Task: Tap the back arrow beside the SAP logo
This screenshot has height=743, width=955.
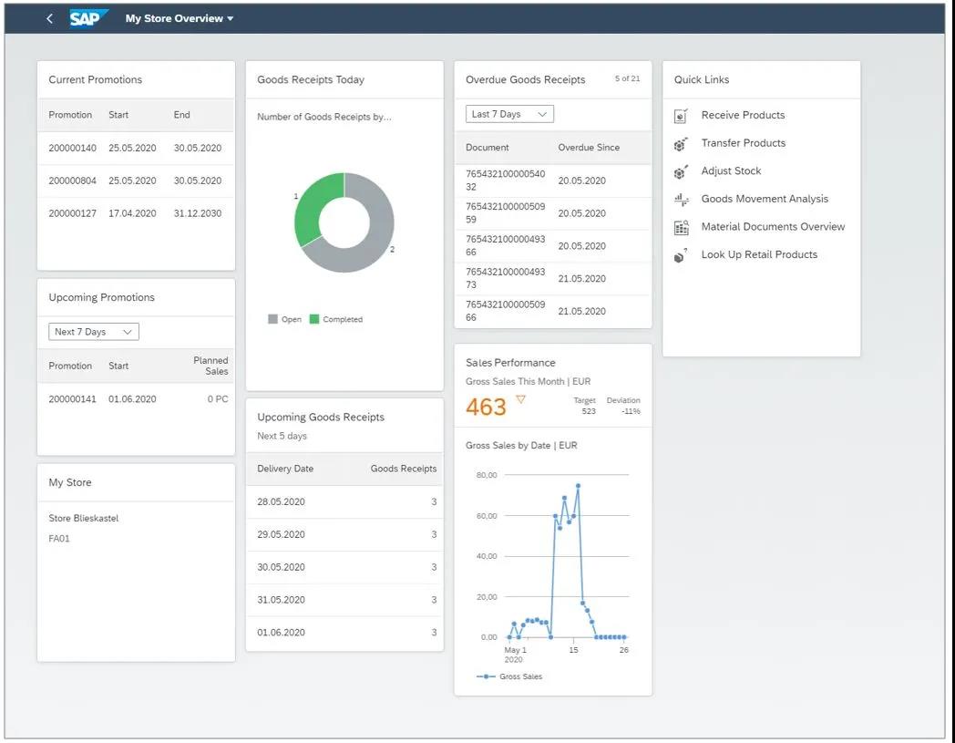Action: [49, 18]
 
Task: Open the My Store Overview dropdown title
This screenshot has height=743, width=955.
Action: [179, 18]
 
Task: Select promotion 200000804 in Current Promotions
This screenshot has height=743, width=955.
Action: [72, 181]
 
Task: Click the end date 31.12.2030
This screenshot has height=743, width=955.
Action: [197, 213]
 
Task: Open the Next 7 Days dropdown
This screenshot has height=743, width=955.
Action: [93, 332]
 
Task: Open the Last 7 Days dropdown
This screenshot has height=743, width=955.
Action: [509, 114]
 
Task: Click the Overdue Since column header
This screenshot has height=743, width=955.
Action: [589, 148]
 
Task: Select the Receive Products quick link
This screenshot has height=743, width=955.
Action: [743, 115]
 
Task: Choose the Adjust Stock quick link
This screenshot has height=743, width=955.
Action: [731, 171]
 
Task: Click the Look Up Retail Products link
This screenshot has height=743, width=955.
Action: [759, 255]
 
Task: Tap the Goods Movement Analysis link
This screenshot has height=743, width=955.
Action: [765, 199]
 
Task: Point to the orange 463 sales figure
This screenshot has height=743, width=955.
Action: [486, 407]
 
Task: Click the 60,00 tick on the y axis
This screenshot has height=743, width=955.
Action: [488, 516]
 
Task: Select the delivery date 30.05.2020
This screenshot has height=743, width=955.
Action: [281, 567]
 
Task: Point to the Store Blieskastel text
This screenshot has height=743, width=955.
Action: [84, 519]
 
